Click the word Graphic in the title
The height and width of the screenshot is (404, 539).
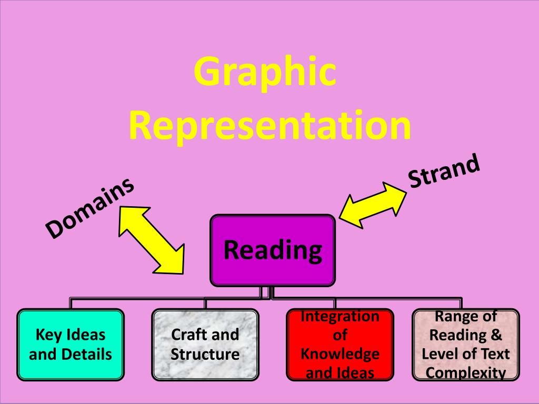point(265,73)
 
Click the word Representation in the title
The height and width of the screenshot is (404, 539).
point(269,126)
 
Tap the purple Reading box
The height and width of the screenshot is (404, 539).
point(273,250)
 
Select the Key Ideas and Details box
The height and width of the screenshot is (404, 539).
point(71,345)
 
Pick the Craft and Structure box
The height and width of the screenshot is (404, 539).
point(205,345)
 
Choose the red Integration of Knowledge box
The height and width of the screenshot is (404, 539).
point(340,345)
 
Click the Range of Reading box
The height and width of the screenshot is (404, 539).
point(466,345)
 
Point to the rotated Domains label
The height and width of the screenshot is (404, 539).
point(89,207)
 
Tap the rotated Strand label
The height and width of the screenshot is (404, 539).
point(445,171)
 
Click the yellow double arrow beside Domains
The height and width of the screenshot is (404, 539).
point(151,239)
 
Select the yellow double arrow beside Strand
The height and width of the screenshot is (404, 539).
point(373,205)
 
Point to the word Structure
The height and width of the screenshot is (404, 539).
point(205,353)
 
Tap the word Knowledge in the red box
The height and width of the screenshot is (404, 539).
point(340,353)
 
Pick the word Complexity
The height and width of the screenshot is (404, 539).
point(466,373)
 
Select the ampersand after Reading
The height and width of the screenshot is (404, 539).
point(496,335)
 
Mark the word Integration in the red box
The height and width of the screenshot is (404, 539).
point(340,316)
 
